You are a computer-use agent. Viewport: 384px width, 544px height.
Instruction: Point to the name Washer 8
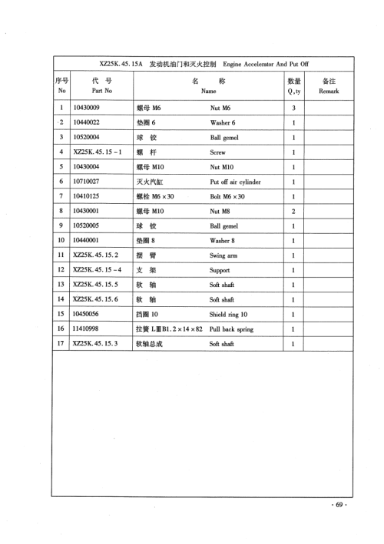tap(223, 241)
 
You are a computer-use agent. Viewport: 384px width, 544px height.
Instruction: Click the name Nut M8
tap(223, 212)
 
